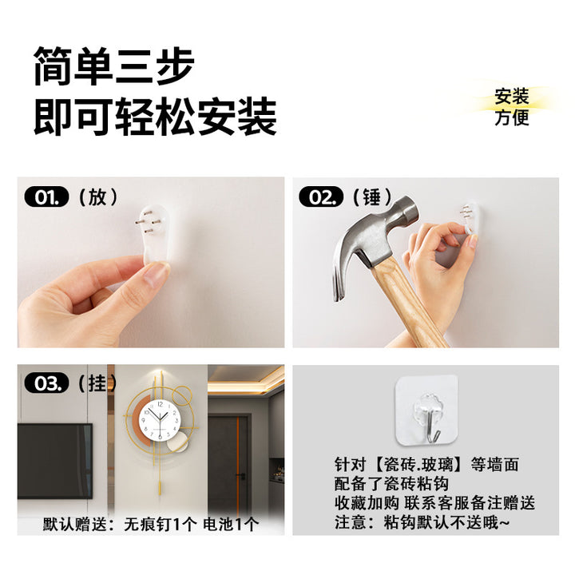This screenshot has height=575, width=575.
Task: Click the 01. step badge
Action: (46, 197)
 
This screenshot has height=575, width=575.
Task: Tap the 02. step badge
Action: (321, 197)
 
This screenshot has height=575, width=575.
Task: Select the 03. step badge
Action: (46, 383)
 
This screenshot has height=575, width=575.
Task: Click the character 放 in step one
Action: (98, 197)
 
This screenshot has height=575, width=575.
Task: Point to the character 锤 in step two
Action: (372, 197)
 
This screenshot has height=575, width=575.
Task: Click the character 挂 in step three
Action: (97, 383)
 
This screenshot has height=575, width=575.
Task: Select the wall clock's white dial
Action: (161, 420)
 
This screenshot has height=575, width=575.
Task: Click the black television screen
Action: (55, 461)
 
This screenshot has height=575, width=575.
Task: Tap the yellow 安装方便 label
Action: (512, 107)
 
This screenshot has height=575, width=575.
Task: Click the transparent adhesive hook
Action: (426, 409)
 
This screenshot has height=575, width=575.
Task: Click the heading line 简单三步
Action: (114, 66)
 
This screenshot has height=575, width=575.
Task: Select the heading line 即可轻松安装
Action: (156, 117)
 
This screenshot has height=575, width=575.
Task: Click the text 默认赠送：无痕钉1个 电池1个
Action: (151, 524)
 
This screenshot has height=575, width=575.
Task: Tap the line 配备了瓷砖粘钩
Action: (391, 484)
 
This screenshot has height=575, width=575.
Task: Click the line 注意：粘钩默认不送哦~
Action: (422, 521)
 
